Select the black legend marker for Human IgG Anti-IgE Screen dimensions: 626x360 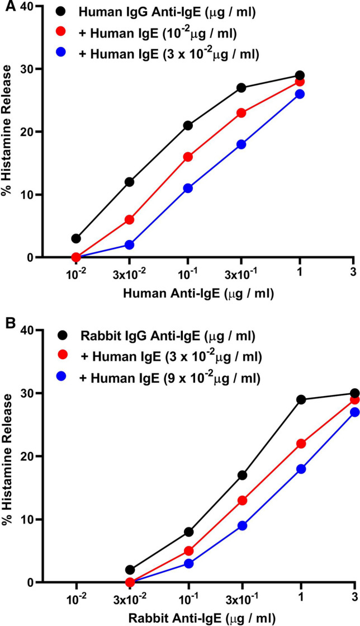click(65, 12)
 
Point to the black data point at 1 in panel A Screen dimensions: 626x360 click(300, 75)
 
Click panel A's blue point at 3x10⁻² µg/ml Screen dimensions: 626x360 click(129, 244)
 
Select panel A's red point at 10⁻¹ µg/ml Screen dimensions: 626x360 click(188, 157)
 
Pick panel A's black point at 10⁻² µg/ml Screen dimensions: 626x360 click(75, 238)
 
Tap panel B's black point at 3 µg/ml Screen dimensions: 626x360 click(354, 393)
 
